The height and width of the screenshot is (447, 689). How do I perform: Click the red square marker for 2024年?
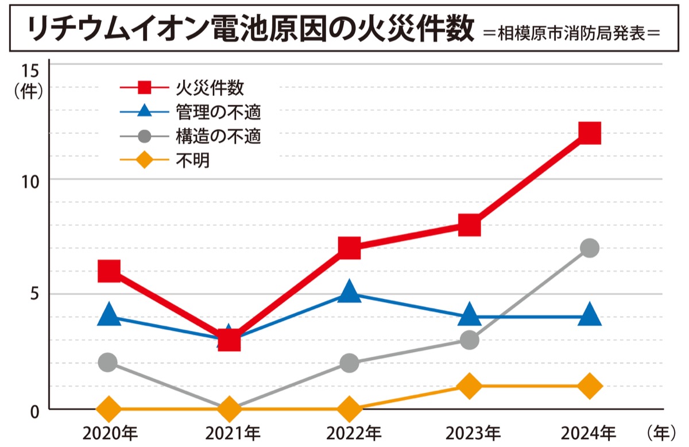590,133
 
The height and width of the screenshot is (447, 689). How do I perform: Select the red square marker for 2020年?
109,271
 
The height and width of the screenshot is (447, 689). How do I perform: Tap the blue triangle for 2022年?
349,292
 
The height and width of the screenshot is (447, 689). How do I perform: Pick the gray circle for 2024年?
590,248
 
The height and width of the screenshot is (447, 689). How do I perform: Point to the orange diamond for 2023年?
470,386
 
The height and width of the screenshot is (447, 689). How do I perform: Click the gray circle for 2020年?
108,363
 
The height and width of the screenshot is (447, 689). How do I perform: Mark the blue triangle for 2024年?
590,315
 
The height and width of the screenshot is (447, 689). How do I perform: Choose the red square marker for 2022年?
349,248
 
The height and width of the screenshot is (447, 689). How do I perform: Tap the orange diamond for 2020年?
109,409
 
